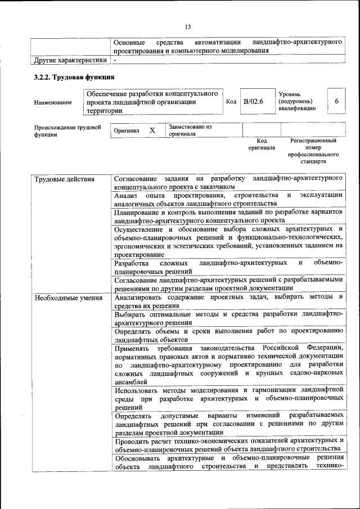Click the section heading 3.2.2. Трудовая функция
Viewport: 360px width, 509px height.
[x=74, y=77]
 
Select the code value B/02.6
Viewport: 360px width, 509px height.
[x=254, y=101]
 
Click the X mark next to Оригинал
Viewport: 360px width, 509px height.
[x=152, y=130]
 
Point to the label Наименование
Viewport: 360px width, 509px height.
[x=53, y=102]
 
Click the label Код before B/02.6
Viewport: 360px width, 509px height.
[x=231, y=101]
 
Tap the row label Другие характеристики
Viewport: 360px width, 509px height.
[x=70, y=60]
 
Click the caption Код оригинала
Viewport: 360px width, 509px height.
[x=262, y=144]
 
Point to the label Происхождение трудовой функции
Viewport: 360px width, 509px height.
[x=67, y=130]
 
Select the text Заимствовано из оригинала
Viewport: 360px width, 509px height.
[x=189, y=130]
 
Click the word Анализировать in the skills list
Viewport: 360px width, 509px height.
[x=139, y=297]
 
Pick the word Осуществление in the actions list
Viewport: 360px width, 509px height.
[x=140, y=230]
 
